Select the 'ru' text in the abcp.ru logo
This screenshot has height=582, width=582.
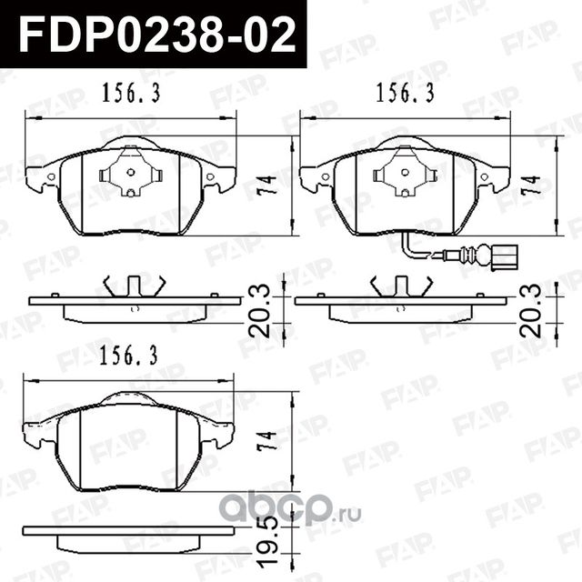click(x=351, y=514)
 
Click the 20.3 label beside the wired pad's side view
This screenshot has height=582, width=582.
click(x=534, y=310)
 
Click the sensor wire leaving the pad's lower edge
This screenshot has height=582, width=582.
click(x=427, y=251)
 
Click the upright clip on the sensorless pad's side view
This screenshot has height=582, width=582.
click(x=134, y=286)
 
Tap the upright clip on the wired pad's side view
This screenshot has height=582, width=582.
click(x=401, y=286)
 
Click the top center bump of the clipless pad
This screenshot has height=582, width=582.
click(x=128, y=398)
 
